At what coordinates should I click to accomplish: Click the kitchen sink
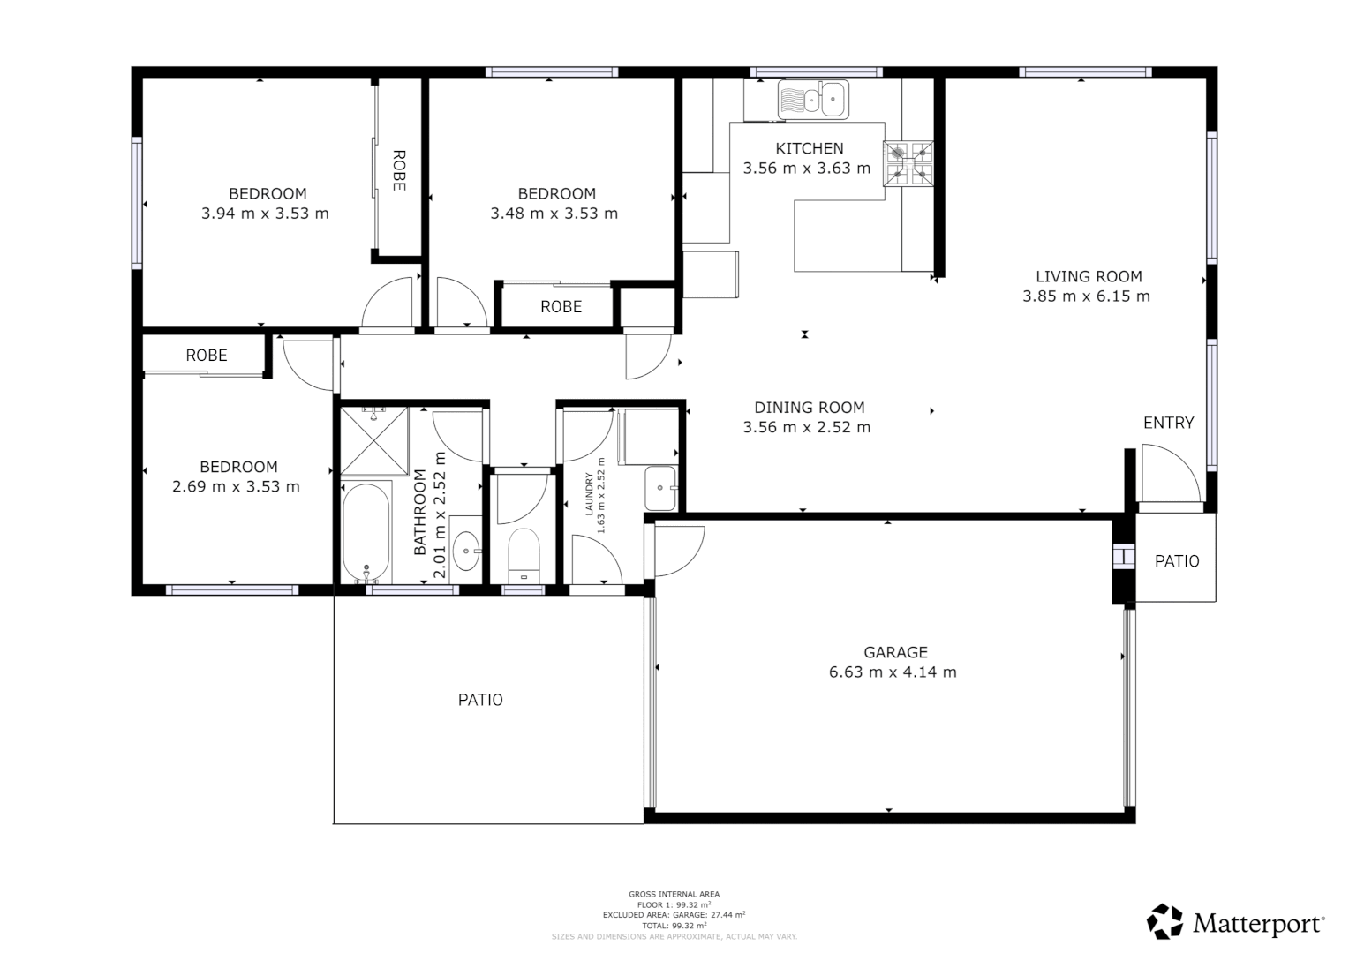(813, 100)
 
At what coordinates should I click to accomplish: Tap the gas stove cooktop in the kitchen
(908, 164)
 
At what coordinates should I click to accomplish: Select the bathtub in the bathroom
(366, 532)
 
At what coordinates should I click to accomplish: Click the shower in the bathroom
(374, 440)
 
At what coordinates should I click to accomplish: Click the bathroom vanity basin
(466, 552)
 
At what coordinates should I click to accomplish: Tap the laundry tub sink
(660, 488)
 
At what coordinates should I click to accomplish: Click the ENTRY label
(1168, 423)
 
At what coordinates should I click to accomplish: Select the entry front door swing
(1171, 477)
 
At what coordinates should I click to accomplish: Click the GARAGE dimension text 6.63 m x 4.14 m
(893, 672)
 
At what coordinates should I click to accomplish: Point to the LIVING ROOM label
(1089, 276)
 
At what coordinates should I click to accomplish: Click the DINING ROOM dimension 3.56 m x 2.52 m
(807, 427)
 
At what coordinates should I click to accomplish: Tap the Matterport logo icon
(1164, 921)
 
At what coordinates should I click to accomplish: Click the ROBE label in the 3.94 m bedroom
(398, 170)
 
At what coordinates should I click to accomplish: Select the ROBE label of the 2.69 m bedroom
(207, 355)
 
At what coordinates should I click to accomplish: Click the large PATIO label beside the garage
(480, 700)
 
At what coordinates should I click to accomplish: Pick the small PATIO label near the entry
(1177, 561)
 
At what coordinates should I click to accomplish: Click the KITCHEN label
(809, 148)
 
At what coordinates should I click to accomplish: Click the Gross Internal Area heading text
(674, 894)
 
